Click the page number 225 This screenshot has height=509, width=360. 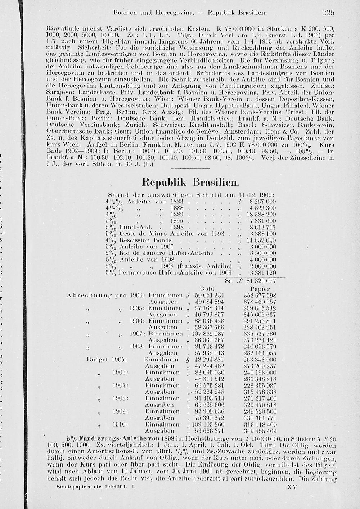(328, 13)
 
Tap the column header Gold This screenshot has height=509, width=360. (207, 289)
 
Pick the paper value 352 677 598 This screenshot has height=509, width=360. (260, 295)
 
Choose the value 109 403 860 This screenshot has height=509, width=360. (208, 424)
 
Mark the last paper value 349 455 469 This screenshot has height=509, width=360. (260, 431)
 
